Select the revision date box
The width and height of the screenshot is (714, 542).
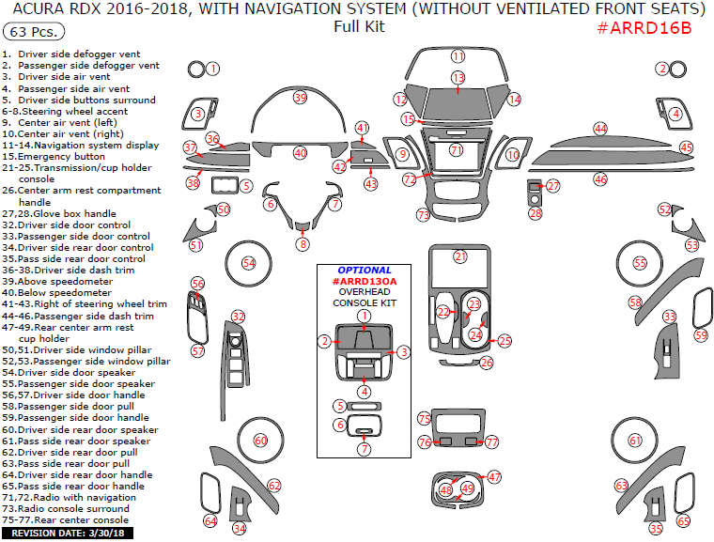click(x=68, y=533)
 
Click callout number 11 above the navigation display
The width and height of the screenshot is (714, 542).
click(x=458, y=56)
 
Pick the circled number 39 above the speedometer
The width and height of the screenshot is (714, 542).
click(x=300, y=98)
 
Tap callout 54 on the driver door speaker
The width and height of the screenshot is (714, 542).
click(x=249, y=263)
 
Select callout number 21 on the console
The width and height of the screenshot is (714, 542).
click(x=460, y=256)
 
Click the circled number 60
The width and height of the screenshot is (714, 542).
click(x=261, y=440)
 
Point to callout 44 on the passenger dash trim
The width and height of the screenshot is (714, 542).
click(x=600, y=128)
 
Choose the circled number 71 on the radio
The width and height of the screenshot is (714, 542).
click(x=457, y=150)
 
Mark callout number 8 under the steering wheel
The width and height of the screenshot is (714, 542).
click(x=303, y=244)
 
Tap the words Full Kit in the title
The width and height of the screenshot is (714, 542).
click(x=359, y=26)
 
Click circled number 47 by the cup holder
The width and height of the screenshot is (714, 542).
click(x=494, y=477)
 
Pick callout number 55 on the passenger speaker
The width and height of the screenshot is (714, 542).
click(x=640, y=263)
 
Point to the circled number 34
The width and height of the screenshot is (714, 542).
click(x=240, y=528)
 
